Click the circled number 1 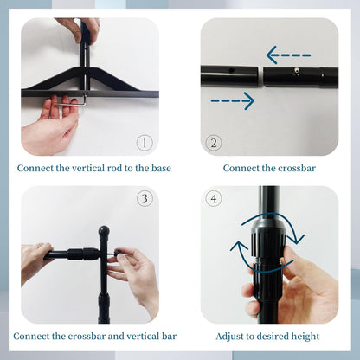[145, 143]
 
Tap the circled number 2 [214, 143]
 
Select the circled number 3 [145, 198]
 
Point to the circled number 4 [214, 198]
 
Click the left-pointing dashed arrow [288, 55]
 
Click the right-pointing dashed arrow [233, 100]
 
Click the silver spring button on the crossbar [295, 70]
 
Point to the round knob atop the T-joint [104, 231]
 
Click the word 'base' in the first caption [161, 168]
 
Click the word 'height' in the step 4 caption [305, 337]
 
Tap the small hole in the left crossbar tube [231, 70]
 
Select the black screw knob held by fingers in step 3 [118, 254]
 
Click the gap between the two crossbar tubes [260, 77]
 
